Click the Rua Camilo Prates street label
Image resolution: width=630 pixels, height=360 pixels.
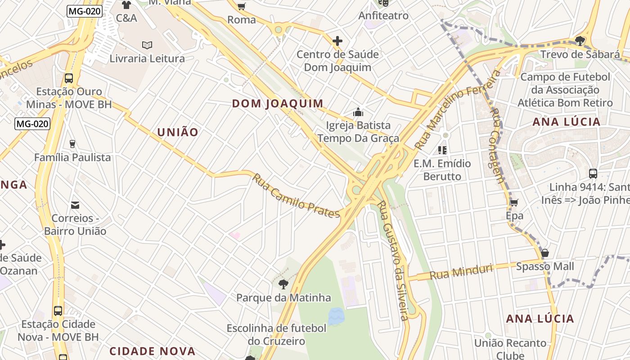point(295,196)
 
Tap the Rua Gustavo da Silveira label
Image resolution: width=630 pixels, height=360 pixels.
point(392,261)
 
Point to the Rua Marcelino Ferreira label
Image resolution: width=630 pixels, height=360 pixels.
point(456,110)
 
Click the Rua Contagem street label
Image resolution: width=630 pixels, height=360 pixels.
point(496,145)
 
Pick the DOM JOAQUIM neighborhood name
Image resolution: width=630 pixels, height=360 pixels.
point(278,103)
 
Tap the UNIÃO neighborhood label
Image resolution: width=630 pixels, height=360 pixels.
point(177,132)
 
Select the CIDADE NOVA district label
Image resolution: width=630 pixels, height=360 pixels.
point(153,351)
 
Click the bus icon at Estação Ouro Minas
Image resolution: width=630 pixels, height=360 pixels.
point(69,78)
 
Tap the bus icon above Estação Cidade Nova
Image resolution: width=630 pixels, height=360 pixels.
point(58,310)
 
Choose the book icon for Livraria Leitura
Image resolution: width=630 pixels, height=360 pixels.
point(147,45)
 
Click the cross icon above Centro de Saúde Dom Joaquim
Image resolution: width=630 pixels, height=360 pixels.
point(337,41)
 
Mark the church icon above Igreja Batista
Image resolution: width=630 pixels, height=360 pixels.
point(358,112)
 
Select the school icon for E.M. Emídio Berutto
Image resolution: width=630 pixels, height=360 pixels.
point(442,150)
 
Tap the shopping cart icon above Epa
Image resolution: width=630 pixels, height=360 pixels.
point(514,202)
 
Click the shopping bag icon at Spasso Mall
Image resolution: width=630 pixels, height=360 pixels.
point(545,253)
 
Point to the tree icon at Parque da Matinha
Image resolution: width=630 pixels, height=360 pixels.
point(283,284)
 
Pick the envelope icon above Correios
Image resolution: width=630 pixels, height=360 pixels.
point(75,205)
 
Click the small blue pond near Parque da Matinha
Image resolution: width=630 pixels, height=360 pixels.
point(336,316)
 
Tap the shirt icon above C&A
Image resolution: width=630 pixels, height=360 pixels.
point(126,5)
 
